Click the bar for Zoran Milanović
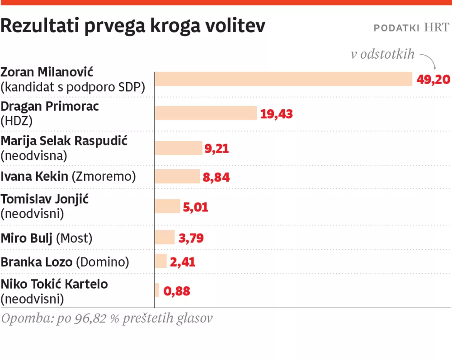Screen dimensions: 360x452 tap(283, 79)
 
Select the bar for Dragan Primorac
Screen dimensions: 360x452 tap(206, 113)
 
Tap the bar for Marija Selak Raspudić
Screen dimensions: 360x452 tap(179, 148)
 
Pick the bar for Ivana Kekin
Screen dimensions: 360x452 tap(178, 177)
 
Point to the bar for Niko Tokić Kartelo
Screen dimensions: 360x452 tap(157, 290)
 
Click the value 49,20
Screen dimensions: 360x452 tap(433, 79)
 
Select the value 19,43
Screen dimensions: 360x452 tap(276, 114)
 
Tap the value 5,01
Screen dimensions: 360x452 tap(196, 207)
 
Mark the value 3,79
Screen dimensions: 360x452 tap(190, 238)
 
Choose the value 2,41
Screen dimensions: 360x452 tap(183, 262)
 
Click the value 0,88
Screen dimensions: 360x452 tap(177, 291)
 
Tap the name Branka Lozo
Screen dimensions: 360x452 tap(37, 262)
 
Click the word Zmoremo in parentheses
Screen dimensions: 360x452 tap(104, 176)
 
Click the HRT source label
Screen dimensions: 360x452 tap(437, 28)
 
